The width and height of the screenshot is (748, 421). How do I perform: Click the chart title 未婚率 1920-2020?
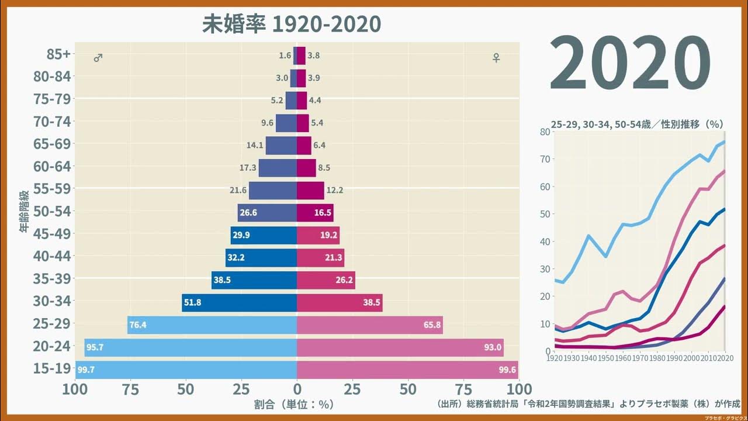click(x=291, y=24)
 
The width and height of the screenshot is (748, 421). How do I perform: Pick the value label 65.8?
click(x=432, y=325)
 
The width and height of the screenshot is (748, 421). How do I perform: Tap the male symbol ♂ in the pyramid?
click(x=98, y=58)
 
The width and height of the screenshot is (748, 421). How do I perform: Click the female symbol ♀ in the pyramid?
click(x=496, y=58)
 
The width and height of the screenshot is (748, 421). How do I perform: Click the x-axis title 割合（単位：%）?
click(x=294, y=404)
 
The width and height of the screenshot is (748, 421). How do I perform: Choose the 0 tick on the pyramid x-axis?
click(x=297, y=389)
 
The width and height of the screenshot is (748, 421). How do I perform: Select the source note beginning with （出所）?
click(x=588, y=404)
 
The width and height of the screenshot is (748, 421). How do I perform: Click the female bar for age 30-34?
click(x=340, y=302)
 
